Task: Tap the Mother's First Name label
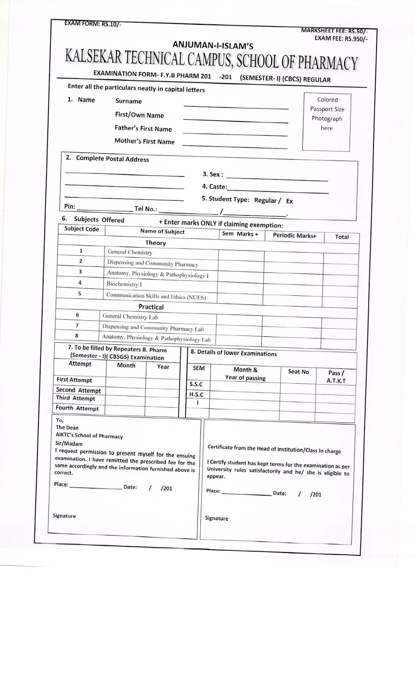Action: [145, 141]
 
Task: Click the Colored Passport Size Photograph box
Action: [327, 122]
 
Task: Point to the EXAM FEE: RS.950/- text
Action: [341, 38]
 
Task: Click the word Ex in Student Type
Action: [290, 201]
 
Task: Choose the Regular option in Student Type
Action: [266, 200]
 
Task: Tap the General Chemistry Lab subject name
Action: [130, 317]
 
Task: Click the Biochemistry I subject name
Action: [124, 284]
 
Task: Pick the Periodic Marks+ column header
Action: [295, 236]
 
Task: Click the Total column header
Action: [342, 237]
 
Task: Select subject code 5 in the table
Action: [80, 294]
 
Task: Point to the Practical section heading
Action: [151, 307]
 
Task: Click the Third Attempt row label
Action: [75, 398]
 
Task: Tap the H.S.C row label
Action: [196, 394]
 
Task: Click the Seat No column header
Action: [298, 372]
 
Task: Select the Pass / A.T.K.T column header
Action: [336, 377]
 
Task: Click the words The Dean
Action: [67, 427]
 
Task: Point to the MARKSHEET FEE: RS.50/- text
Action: [334, 31]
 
